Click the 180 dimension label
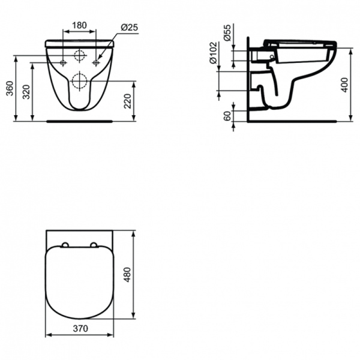[79, 26]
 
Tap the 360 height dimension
[8, 88]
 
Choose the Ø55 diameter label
[227, 34]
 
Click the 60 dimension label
[227, 116]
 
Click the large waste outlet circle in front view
[79, 79]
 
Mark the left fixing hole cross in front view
[63, 62]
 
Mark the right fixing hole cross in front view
[95, 62]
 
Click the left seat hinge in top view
[64, 245]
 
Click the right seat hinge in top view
[94, 245]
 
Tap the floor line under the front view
[79, 120]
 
